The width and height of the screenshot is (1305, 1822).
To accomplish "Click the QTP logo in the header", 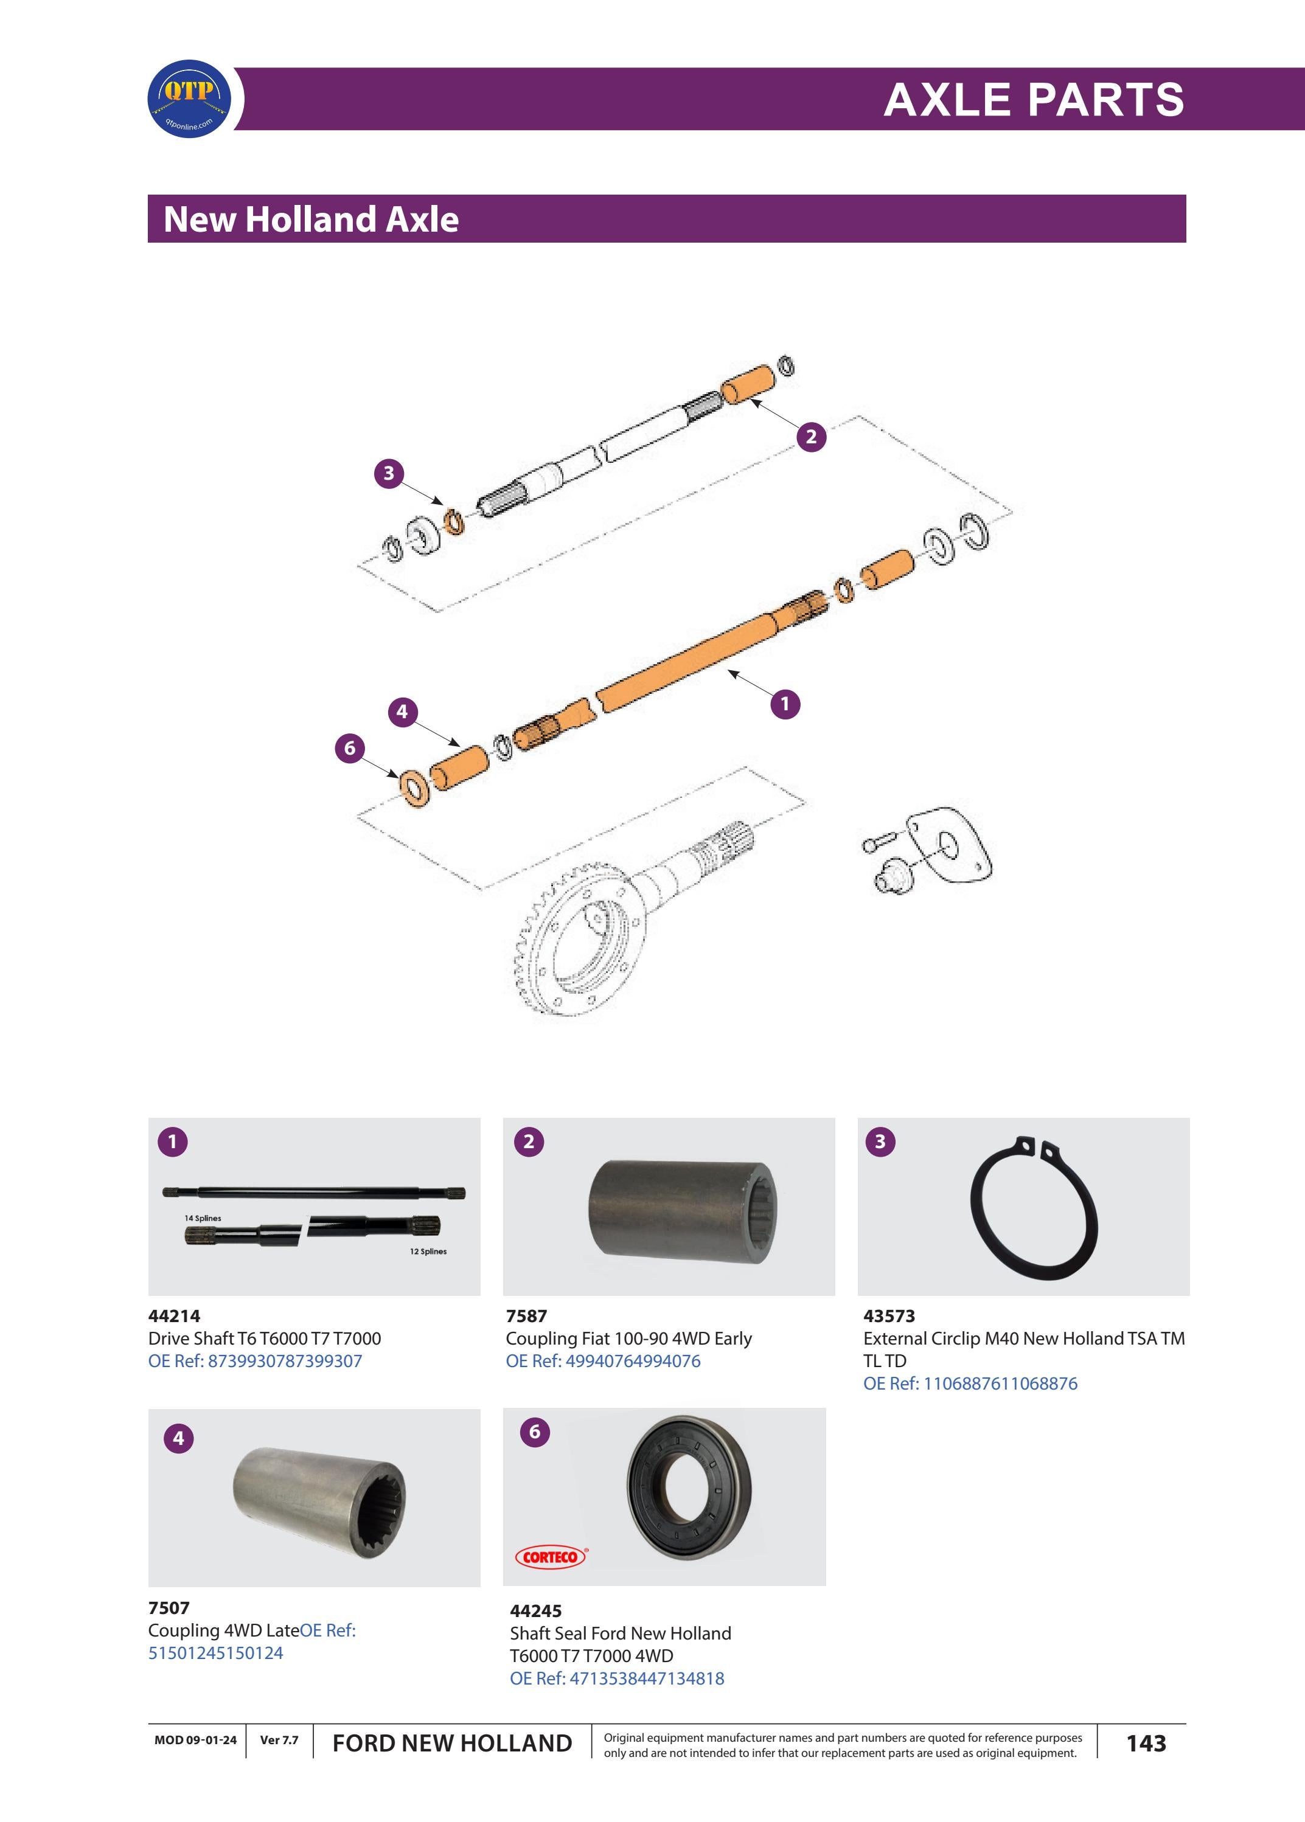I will [x=190, y=99].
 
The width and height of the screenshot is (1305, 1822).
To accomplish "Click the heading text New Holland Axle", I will [x=311, y=220].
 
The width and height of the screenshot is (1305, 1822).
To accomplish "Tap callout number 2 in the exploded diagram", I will [x=811, y=437].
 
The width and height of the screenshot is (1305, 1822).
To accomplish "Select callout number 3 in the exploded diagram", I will [x=389, y=473].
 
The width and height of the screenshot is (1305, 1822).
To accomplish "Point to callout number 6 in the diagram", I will [x=350, y=749].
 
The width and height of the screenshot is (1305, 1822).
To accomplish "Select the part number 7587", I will [x=526, y=1316].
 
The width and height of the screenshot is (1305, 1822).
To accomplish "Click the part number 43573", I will [x=889, y=1316].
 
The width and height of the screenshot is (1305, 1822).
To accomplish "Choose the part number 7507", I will [x=169, y=1607].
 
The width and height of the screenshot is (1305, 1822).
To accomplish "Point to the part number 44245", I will [x=535, y=1611].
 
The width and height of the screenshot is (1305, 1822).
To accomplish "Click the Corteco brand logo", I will [x=551, y=1557].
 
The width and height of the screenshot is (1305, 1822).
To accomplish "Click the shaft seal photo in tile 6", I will [x=689, y=1488].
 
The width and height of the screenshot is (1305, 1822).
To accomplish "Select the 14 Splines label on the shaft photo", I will [x=203, y=1218].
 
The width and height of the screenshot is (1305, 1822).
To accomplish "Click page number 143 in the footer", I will [x=1146, y=1744].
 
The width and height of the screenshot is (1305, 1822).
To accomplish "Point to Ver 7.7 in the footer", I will [x=279, y=1740].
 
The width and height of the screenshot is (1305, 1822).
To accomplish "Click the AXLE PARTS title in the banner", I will [x=1034, y=100].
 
